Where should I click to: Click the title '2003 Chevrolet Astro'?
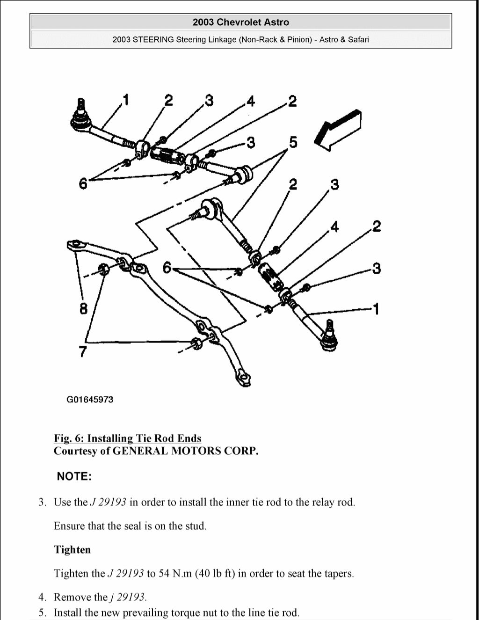click(240, 22)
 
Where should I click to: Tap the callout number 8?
click(83, 309)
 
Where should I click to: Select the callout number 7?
click(82, 351)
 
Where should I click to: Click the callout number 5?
click(293, 142)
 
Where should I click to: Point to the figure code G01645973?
click(89, 400)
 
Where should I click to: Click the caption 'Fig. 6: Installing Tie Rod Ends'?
click(127, 438)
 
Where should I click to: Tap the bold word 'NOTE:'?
click(74, 476)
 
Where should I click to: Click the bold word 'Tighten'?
click(72, 549)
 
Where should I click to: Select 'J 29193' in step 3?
click(108, 502)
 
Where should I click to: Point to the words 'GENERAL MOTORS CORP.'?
click(186, 451)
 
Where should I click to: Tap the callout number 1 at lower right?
click(375, 309)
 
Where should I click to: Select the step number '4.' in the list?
click(43, 597)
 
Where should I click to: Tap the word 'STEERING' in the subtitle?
click(153, 39)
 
